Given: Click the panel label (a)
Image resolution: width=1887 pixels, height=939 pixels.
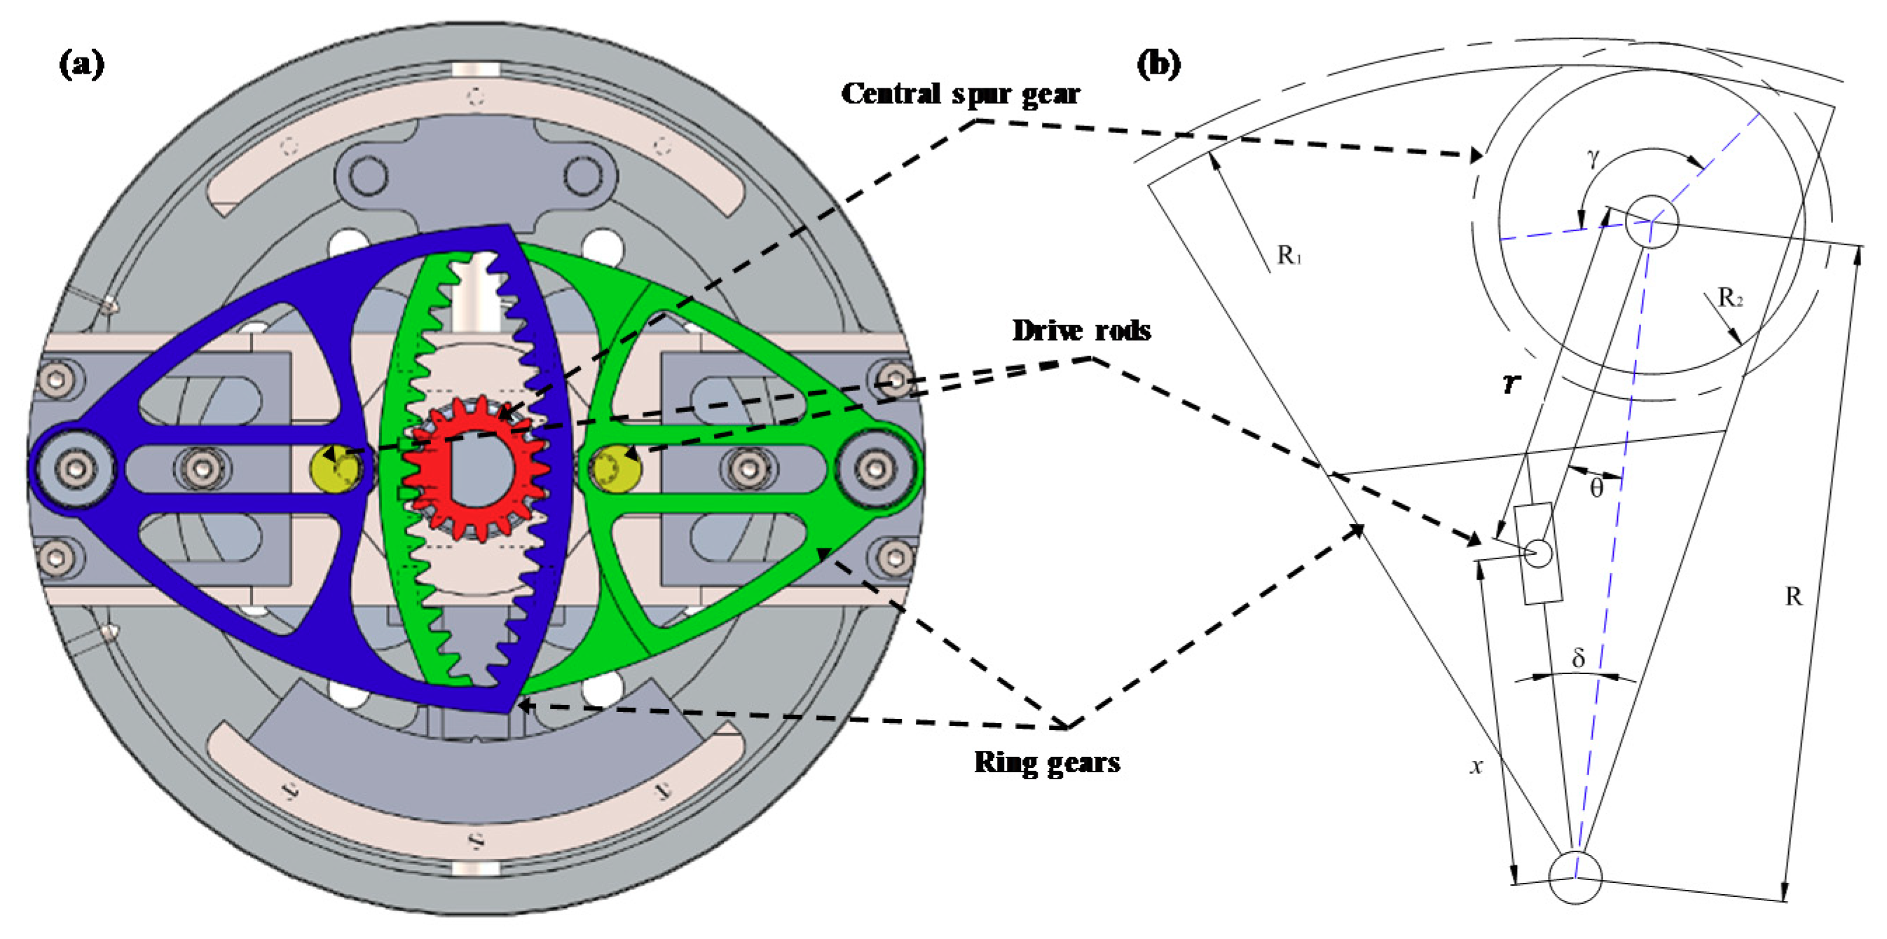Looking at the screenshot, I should point(81,64).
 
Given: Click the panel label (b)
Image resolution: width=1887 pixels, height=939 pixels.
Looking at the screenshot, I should point(1158,64).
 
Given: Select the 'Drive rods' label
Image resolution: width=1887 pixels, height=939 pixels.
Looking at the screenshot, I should point(1081,330).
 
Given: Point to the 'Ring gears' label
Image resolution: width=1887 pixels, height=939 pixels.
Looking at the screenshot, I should point(1047,762).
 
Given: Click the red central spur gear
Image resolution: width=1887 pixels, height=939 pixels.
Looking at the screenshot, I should point(477,469).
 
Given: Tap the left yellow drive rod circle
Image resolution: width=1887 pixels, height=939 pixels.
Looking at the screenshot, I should point(336,469).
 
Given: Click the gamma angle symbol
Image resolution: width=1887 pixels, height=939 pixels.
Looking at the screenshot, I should point(1593,158).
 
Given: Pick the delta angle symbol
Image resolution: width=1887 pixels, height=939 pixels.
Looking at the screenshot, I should point(1579,659).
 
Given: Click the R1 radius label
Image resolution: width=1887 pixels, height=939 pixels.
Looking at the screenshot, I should point(1289,255).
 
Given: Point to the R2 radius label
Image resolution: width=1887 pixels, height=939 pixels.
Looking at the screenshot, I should point(1730,298).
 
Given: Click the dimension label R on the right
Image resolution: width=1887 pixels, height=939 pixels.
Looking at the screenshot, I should point(1793,597).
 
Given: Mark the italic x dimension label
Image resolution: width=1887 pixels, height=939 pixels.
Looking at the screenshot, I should point(1477,766).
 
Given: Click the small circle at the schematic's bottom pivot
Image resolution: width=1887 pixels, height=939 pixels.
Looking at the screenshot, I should point(1575,877).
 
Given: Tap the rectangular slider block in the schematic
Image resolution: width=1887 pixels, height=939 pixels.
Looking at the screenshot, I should point(1542,554).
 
